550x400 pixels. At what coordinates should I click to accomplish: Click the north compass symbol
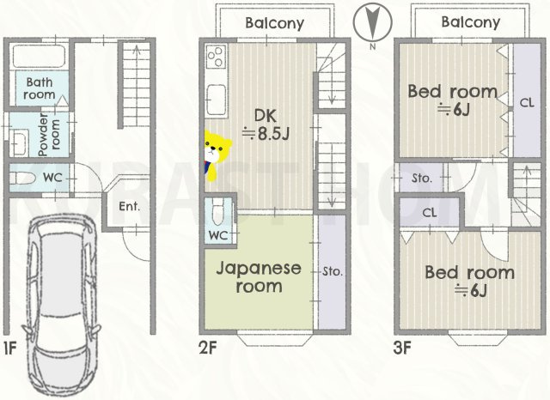[370, 21]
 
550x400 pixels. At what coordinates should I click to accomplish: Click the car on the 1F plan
[61, 307]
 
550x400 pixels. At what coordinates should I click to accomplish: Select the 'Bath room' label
[40, 89]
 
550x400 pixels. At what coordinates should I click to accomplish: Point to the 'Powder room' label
[41, 132]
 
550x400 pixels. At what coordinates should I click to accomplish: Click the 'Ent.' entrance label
[129, 206]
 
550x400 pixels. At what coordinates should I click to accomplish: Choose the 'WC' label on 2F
[217, 235]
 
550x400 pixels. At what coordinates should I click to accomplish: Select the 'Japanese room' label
[258, 276]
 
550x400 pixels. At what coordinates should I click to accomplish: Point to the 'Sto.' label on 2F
[333, 271]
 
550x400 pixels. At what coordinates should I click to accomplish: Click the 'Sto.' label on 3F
[421, 179]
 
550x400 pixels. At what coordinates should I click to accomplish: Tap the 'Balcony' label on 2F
[274, 23]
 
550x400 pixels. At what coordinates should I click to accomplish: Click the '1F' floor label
[9, 348]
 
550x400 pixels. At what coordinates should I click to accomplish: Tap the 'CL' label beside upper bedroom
[526, 101]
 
